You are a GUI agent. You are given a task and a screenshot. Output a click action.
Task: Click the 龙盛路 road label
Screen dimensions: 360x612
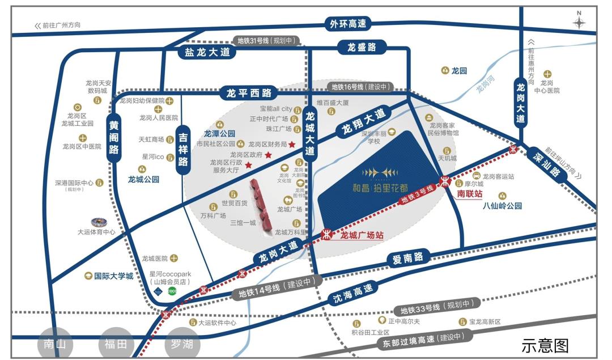(x=362, y=48)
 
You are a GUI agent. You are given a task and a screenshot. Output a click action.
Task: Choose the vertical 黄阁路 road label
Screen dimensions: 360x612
(x=114, y=137)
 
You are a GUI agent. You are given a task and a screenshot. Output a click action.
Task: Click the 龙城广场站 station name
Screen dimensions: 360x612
(x=362, y=234)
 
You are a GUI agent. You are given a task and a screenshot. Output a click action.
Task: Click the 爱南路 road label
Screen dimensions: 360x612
(x=408, y=258)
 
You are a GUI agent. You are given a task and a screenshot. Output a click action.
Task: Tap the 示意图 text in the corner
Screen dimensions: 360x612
(x=545, y=345)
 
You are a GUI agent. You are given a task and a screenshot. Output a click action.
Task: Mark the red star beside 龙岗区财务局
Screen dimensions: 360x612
(x=292, y=145)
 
